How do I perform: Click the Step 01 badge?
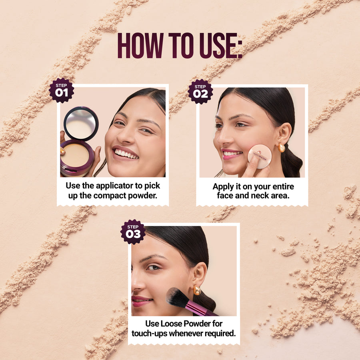61,90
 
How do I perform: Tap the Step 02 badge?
200,91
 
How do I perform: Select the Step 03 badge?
133,232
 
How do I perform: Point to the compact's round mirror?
81,123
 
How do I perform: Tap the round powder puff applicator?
260,156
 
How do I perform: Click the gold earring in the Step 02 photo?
282,148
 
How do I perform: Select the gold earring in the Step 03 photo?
197,290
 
